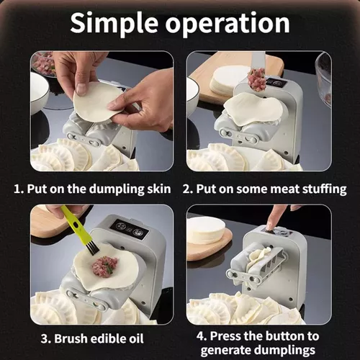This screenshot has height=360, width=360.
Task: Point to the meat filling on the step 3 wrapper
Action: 104,267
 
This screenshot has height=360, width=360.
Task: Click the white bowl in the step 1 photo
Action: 39,92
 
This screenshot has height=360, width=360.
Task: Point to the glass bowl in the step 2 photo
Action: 323,72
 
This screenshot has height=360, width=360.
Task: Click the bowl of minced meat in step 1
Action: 45,63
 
